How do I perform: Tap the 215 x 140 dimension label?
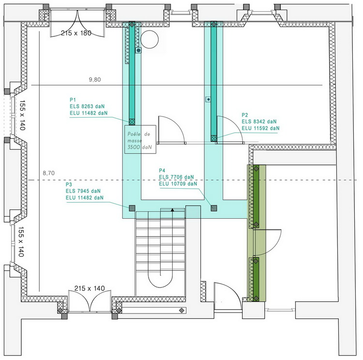point(90,288)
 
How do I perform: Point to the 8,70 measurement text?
point(48,173)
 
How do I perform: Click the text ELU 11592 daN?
point(260,128)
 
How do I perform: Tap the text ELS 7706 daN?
point(177,177)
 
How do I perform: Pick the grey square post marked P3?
point(131,208)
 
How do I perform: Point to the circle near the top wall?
point(150,39)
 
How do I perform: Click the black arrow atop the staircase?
point(172,210)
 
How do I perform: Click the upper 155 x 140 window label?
point(22,116)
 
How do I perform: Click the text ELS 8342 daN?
point(259,121)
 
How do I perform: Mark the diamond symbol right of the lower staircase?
point(181,310)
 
